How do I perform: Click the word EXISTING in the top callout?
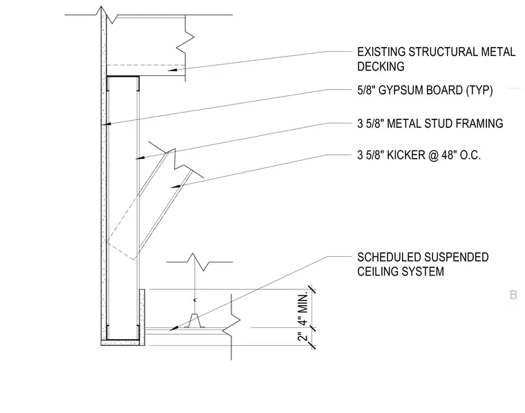[x=381, y=52]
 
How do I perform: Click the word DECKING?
[x=381, y=66]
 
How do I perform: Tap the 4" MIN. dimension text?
[x=303, y=309]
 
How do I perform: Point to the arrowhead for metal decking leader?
[x=172, y=70]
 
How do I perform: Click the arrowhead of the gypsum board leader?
[x=106, y=124]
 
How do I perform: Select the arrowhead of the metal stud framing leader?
[x=141, y=157]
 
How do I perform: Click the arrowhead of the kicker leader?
[x=176, y=186]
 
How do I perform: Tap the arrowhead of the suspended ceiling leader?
[x=175, y=328]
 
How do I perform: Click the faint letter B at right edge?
[x=513, y=295]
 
